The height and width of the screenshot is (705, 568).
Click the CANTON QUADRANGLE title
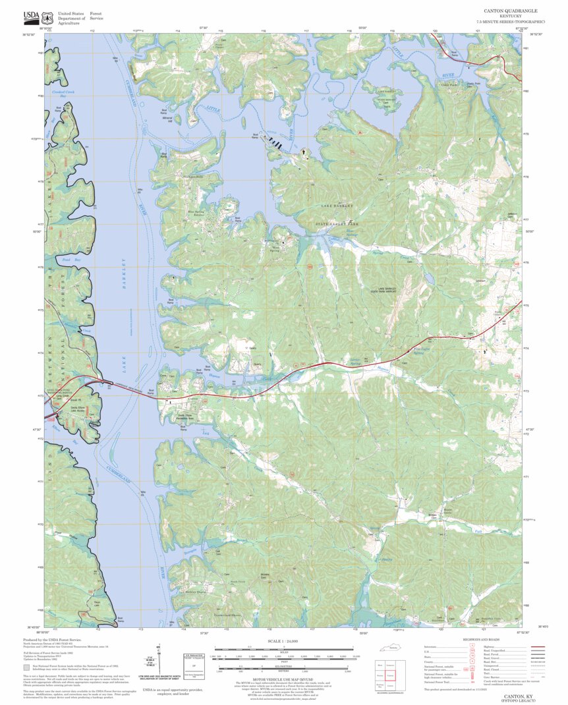511,11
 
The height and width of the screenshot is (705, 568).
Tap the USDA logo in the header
31,16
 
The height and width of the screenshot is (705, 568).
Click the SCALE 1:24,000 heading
283,641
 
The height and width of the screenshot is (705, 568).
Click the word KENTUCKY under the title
511,17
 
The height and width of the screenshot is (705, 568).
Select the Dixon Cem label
98,603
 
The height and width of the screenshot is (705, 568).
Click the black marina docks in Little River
276,144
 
